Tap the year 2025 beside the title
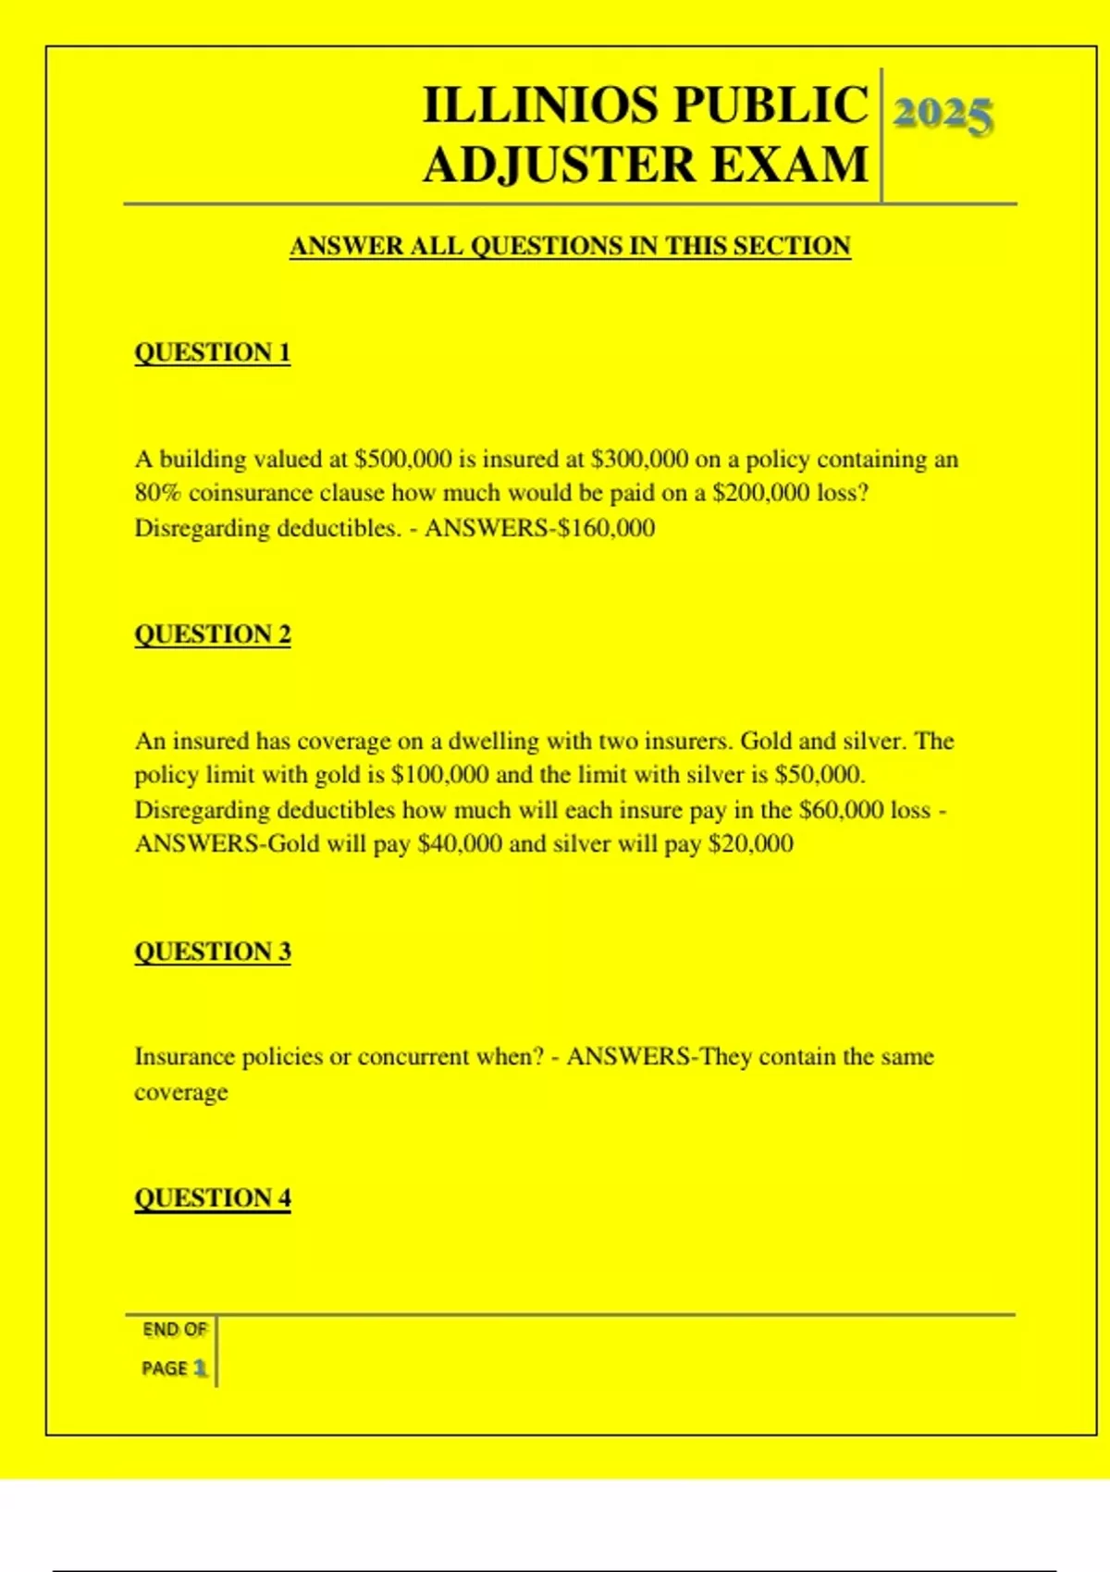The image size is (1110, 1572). tap(943, 115)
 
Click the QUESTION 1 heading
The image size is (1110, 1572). tap(213, 352)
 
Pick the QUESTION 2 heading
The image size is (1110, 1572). tap(213, 634)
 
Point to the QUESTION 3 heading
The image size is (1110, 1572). tap(213, 952)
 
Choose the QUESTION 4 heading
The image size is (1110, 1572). tap(213, 1198)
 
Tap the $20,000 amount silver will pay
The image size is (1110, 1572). tap(750, 844)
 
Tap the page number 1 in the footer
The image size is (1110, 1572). tap(200, 1368)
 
